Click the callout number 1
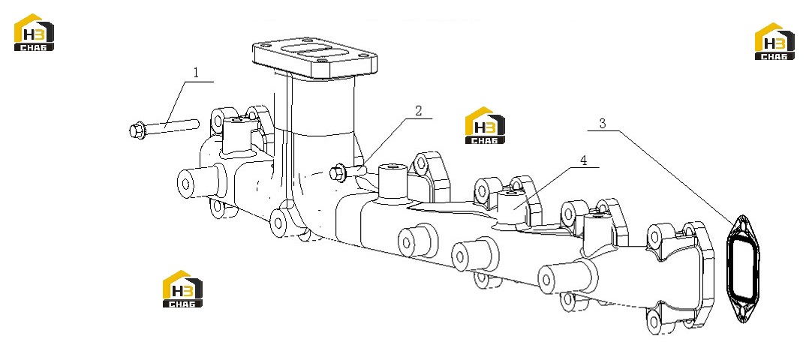195,73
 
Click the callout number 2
419,110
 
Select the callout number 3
603,123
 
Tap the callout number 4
583,160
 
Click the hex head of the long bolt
137,130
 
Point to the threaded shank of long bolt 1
172,126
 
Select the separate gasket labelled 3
743,268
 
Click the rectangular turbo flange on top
315,59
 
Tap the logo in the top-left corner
34,32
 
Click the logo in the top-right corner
774,41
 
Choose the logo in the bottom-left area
182,289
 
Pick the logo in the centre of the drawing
485,125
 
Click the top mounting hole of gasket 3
742,224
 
